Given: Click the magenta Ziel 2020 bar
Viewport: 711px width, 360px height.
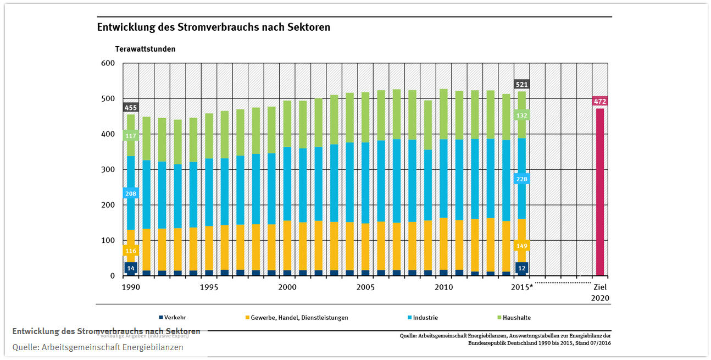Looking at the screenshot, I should [x=600, y=192].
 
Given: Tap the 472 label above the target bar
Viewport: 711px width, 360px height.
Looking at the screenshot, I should [x=600, y=101].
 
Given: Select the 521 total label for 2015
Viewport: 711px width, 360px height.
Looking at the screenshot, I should [x=521, y=84].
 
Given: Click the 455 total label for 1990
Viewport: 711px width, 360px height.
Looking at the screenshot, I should [x=131, y=108].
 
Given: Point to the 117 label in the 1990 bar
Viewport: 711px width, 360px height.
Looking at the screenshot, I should [x=131, y=136].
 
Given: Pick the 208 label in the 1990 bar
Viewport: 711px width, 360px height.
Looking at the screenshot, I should [x=131, y=193].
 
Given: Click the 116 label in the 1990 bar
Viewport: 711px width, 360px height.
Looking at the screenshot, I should [x=131, y=251].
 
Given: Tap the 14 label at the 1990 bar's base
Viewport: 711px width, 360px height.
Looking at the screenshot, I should [x=131, y=268].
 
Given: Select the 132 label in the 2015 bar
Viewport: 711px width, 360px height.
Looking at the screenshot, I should [x=521, y=115].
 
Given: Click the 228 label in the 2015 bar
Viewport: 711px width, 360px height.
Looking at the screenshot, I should [x=521, y=179].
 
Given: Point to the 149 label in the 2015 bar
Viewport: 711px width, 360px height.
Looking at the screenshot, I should [x=521, y=246].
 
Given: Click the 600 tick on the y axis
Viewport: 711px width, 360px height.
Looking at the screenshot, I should [x=107, y=63].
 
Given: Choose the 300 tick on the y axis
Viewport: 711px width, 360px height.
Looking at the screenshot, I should [x=107, y=169].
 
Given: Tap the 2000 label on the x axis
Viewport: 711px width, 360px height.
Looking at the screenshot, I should [x=287, y=287].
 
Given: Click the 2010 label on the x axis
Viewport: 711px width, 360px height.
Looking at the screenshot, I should [x=443, y=287].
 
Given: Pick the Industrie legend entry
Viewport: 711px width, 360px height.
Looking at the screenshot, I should [x=425, y=318].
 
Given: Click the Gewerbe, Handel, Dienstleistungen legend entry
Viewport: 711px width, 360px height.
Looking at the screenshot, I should [x=299, y=318].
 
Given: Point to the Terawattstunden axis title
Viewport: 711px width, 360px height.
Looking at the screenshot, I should [x=145, y=49].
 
